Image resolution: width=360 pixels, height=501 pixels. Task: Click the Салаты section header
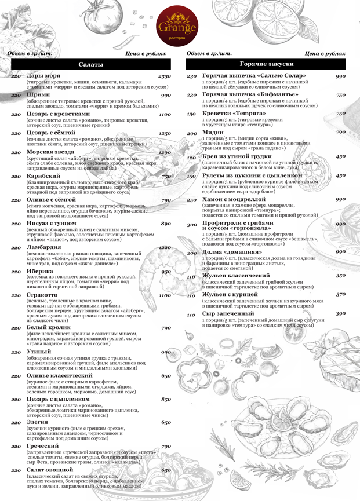[x=90, y=64]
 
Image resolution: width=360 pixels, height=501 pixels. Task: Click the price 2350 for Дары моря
[x=165, y=76]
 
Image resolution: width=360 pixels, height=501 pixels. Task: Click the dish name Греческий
[x=43, y=446]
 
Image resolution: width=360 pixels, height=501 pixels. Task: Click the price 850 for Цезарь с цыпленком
[x=166, y=400]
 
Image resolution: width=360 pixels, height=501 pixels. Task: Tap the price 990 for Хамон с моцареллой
[x=340, y=199]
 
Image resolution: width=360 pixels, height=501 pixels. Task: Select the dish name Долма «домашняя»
[x=229, y=253]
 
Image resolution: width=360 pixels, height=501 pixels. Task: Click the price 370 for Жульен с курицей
[x=341, y=294]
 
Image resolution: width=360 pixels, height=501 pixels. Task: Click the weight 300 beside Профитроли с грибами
[x=192, y=225]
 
